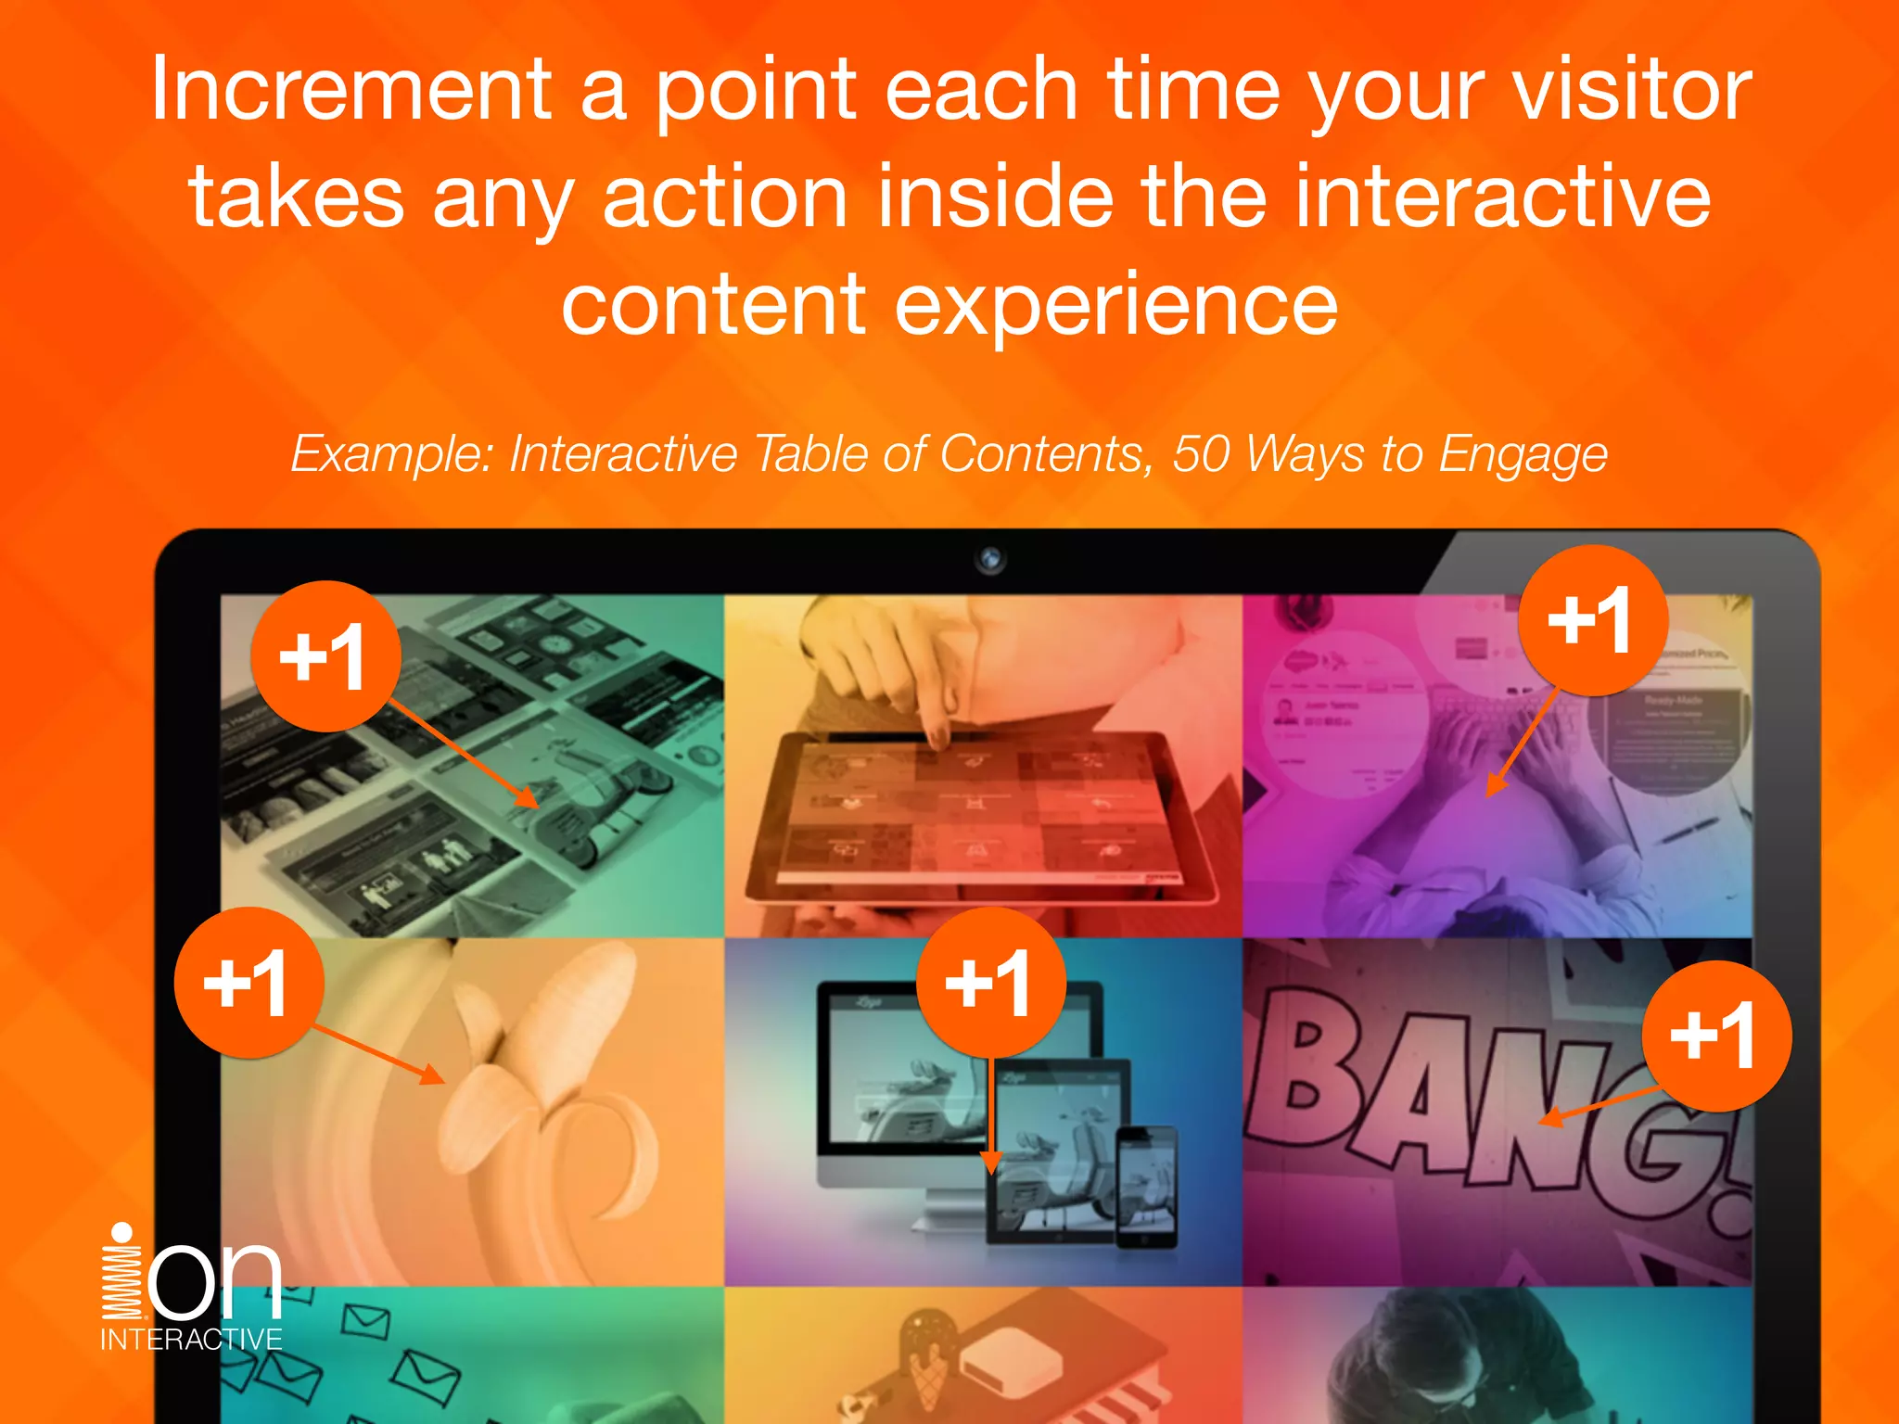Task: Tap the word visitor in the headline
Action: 1631,90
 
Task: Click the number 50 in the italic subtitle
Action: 1202,454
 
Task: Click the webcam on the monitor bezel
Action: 990,559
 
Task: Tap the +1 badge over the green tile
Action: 325,656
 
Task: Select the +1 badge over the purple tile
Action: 1592,620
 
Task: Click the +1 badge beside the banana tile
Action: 249,983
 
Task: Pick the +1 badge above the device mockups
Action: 990,983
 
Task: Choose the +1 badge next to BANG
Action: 1715,1036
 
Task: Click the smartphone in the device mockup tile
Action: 1146,1187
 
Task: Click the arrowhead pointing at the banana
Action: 432,1075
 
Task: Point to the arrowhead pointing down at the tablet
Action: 990,1163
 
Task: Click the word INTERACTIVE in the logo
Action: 191,1340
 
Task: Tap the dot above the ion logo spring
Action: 121,1231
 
